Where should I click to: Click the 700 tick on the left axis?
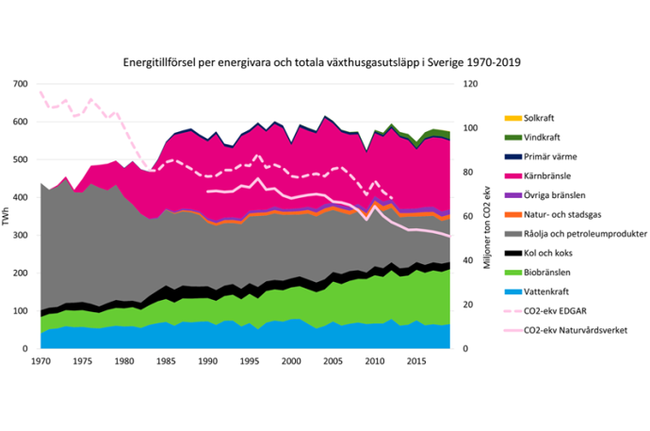22,84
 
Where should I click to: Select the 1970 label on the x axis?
41,360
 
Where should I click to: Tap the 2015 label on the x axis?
415,360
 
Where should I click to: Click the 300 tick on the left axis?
22,236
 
